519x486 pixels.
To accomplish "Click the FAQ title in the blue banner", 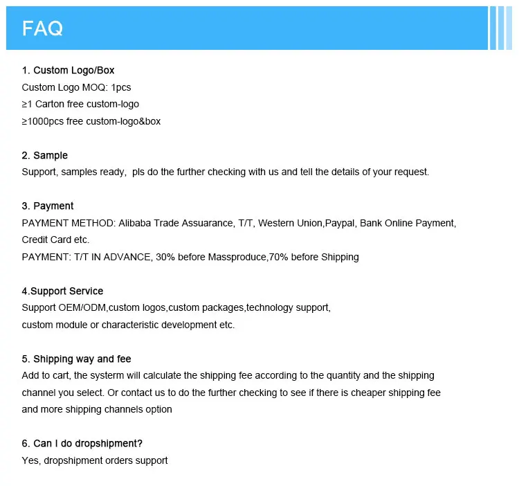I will coord(43,28).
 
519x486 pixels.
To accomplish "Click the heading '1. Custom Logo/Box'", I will coord(69,70).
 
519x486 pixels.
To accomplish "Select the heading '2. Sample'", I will coord(45,155).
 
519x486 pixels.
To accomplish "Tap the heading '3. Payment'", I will coord(48,206).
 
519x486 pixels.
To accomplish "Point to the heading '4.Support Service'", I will coord(62,291).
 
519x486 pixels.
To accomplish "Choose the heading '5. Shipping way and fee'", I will coord(76,359).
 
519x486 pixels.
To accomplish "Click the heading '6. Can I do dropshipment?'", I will coord(82,443).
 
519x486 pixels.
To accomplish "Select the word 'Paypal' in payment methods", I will coord(339,223).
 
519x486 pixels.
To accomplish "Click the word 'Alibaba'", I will coord(136,223).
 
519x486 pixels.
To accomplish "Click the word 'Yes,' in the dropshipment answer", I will coord(31,460).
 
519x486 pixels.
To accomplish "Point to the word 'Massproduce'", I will coord(240,257).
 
